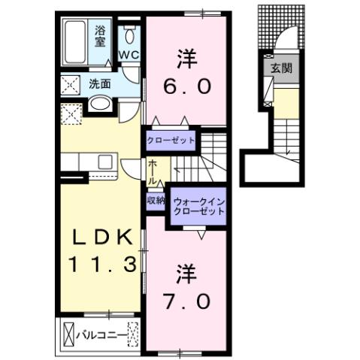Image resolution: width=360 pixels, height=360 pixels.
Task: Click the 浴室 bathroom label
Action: tap(101, 35)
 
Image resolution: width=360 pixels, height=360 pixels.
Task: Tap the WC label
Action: tap(129, 55)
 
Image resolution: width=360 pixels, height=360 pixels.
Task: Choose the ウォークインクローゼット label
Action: tap(198, 207)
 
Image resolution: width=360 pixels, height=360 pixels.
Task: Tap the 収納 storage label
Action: tap(156, 201)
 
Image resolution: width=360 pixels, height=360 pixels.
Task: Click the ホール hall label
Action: tap(153, 172)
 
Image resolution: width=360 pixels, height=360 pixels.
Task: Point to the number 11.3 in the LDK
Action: tap(103, 265)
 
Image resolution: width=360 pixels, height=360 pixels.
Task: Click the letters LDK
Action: tap(103, 237)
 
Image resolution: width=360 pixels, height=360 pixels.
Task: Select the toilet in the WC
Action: tap(131, 34)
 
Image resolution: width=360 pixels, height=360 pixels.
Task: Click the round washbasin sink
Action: tap(100, 104)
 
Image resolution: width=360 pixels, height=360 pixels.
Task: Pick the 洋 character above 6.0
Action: tap(188, 57)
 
